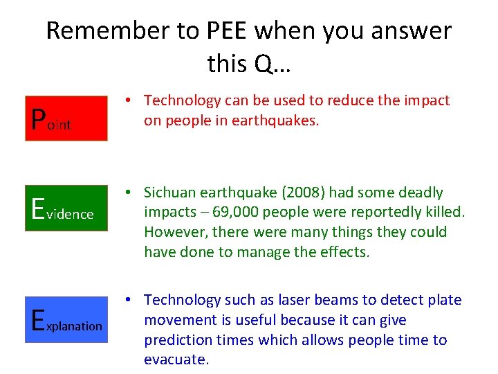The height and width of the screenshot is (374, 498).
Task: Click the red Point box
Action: pos(66,118)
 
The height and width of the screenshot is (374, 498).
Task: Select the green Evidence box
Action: pos(66,208)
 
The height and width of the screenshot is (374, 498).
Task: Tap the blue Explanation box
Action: pos(66,319)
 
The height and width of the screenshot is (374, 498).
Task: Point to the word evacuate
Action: pos(175,360)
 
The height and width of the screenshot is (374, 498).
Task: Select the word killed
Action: pos(445,212)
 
